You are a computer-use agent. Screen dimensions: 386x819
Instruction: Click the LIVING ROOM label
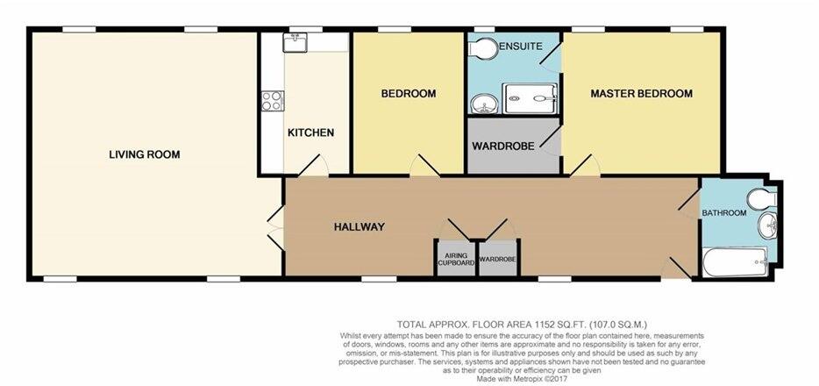point(145,154)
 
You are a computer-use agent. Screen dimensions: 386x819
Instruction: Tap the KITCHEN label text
point(310,133)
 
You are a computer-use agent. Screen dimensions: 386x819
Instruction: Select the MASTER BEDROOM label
point(641,93)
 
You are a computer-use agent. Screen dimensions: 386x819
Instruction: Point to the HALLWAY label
point(359,226)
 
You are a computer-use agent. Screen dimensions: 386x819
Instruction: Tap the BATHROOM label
point(723,213)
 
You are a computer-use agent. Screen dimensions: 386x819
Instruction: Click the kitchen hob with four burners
point(271,101)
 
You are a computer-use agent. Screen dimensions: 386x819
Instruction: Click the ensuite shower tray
point(529,99)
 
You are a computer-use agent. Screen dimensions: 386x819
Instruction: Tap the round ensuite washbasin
point(482,106)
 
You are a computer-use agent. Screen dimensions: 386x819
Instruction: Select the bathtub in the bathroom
point(735,261)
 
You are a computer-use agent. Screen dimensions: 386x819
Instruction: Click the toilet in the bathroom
point(759,196)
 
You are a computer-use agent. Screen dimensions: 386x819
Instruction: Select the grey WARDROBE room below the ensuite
point(510,146)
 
